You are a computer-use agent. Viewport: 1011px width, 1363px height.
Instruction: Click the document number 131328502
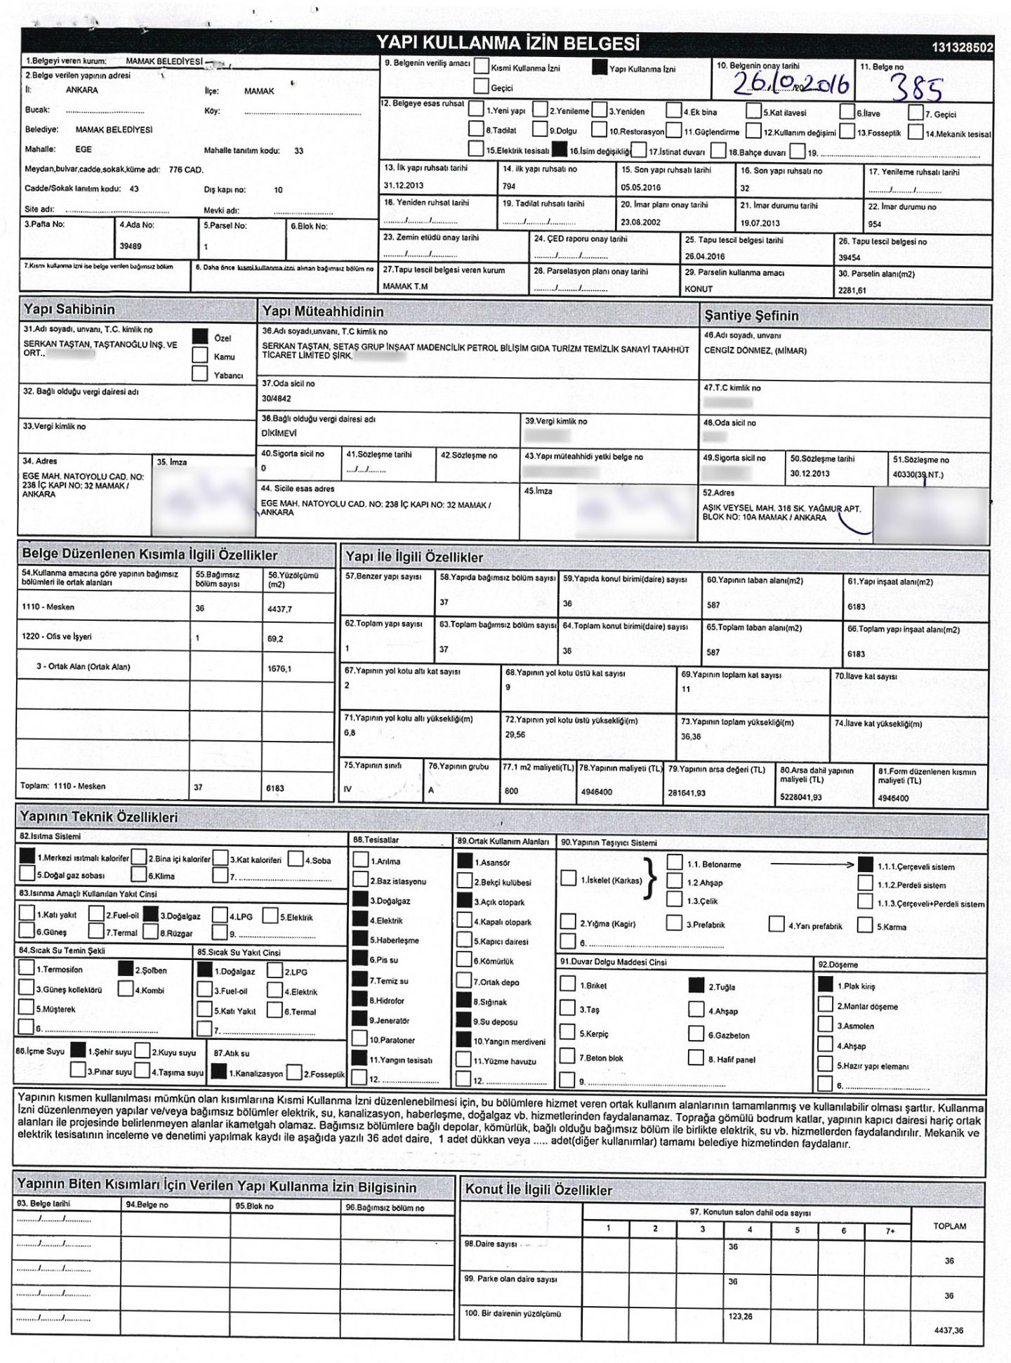(963, 48)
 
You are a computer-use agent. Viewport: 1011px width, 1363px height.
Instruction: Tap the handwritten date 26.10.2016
(791, 85)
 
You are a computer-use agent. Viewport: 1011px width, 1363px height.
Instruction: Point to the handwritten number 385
(916, 89)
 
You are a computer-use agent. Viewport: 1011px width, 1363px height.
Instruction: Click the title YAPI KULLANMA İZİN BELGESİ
(508, 44)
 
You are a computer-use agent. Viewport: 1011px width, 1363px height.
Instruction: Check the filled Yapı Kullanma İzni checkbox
(599, 68)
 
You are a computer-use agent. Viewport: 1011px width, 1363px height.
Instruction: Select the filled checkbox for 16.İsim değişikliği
(560, 150)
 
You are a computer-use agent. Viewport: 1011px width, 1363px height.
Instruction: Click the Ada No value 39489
(131, 246)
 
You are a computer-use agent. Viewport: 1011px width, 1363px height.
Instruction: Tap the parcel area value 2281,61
(852, 291)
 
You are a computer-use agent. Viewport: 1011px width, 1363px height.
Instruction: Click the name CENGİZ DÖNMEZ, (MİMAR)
(755, 351)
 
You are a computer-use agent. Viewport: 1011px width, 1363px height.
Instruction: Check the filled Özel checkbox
(200, 337)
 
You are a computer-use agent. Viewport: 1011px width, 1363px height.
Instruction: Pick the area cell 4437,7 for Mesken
(279, 609)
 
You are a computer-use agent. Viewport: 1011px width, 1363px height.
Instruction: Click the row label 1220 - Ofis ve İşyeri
(57, 637)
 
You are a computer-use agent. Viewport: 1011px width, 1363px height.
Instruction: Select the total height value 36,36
(690, 737)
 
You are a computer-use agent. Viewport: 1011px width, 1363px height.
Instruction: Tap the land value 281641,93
(687, 793)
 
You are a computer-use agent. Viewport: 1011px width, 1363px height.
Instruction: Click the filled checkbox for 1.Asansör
(465, 860)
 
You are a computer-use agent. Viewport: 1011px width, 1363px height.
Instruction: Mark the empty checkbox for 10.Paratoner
(360, 1039)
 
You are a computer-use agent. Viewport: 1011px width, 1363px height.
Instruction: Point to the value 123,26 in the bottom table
(740, 1316)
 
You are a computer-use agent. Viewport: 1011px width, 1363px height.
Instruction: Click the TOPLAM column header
(949, 1226)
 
